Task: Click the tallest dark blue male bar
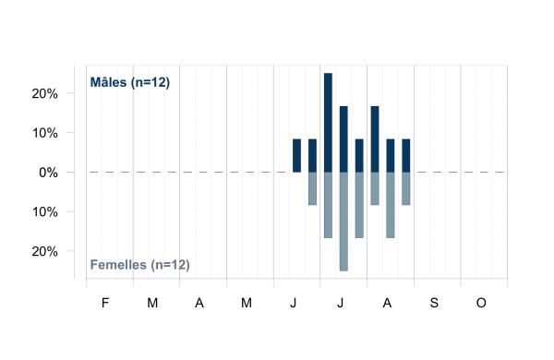click(328, 123)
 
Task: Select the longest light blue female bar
click(343, 222)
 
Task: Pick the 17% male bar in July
click(343, 139)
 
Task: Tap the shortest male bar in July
click(359, 155)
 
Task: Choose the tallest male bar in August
click(375, 139)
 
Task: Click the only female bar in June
click(312, 188)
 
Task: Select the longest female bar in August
click(391, 205)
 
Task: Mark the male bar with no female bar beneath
click(296, 155)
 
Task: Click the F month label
click(105, 303)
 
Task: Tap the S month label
click(434, 303)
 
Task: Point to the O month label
click(481, 303)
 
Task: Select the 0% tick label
click(48, 173)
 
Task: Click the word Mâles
click(108, 82)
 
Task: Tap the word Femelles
click(118, 265)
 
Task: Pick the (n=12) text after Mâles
click(151, 82)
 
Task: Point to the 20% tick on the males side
click(45, 93)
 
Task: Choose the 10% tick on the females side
click(45, 212)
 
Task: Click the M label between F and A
click(152, 303)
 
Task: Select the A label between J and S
click(387, 303)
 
